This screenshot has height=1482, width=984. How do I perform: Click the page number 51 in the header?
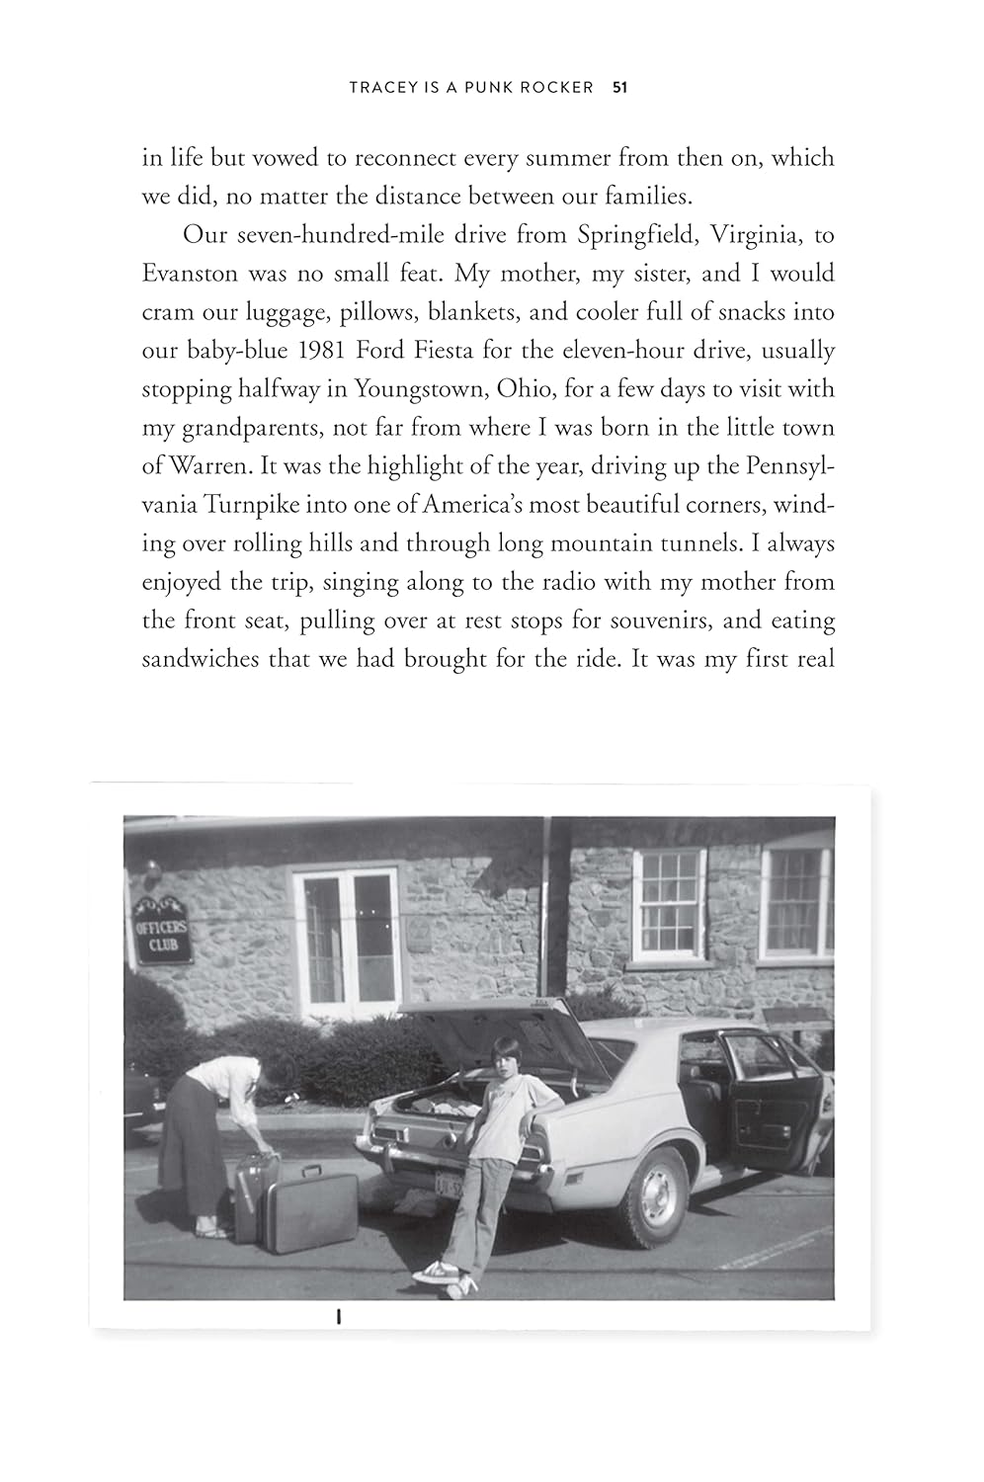pos(620,88)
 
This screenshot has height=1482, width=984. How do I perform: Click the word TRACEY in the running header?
pos(380,88)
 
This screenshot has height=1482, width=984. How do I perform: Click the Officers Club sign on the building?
pos(161,932)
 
